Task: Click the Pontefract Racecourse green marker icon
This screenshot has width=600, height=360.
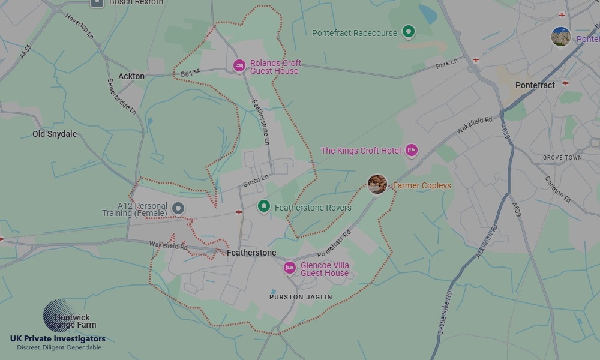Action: (409, 32)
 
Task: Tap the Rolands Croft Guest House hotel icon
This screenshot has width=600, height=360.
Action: (239, 65)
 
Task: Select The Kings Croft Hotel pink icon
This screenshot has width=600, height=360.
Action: (411, 151)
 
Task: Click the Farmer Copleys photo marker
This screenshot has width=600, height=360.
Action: (377, 184)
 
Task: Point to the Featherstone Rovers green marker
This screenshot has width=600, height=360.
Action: (263, 207)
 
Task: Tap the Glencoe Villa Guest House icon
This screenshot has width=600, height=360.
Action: (290, 268)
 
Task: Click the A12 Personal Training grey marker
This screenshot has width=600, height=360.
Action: (178, 208)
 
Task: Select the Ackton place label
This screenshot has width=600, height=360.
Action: (131, 76)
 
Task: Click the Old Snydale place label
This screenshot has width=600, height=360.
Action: (55, 134)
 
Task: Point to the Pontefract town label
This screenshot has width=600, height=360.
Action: (535, 85)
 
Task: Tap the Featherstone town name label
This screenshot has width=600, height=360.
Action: (251, 253)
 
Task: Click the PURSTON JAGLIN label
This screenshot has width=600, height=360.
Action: (301, 297)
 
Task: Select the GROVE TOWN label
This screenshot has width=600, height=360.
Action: (562, 158)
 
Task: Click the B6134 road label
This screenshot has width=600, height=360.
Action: (190, 72)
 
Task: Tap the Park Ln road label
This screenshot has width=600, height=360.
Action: (446, 63)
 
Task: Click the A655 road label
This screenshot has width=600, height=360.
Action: (25, 51)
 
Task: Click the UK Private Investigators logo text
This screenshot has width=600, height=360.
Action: (58, 339)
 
